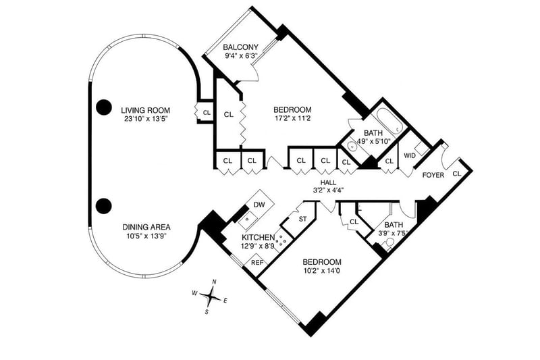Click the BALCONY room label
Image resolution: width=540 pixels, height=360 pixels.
(x=241, y=47)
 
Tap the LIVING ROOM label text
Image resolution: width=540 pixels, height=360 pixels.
(x=145, y=110)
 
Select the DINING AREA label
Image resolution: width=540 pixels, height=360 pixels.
(x=145, y=227)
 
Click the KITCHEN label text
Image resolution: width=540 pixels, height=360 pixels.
(x=258, y=237)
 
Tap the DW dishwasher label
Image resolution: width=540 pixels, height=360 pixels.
(x=259, y=205)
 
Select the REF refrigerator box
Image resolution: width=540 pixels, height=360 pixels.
(x=257, y=263)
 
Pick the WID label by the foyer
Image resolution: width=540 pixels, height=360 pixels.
(x=410, y=156)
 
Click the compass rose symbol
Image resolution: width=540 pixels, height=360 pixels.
(x=212, y=295)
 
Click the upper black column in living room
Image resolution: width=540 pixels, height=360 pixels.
(x=103, y=106)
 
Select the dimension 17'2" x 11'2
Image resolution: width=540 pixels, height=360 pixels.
(x=292, y=120)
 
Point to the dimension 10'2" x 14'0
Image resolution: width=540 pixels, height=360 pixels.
(x=321, y=272)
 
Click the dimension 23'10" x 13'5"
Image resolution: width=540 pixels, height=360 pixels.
(x=145, y=120)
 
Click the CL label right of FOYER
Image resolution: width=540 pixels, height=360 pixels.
(x=458, y=174)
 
